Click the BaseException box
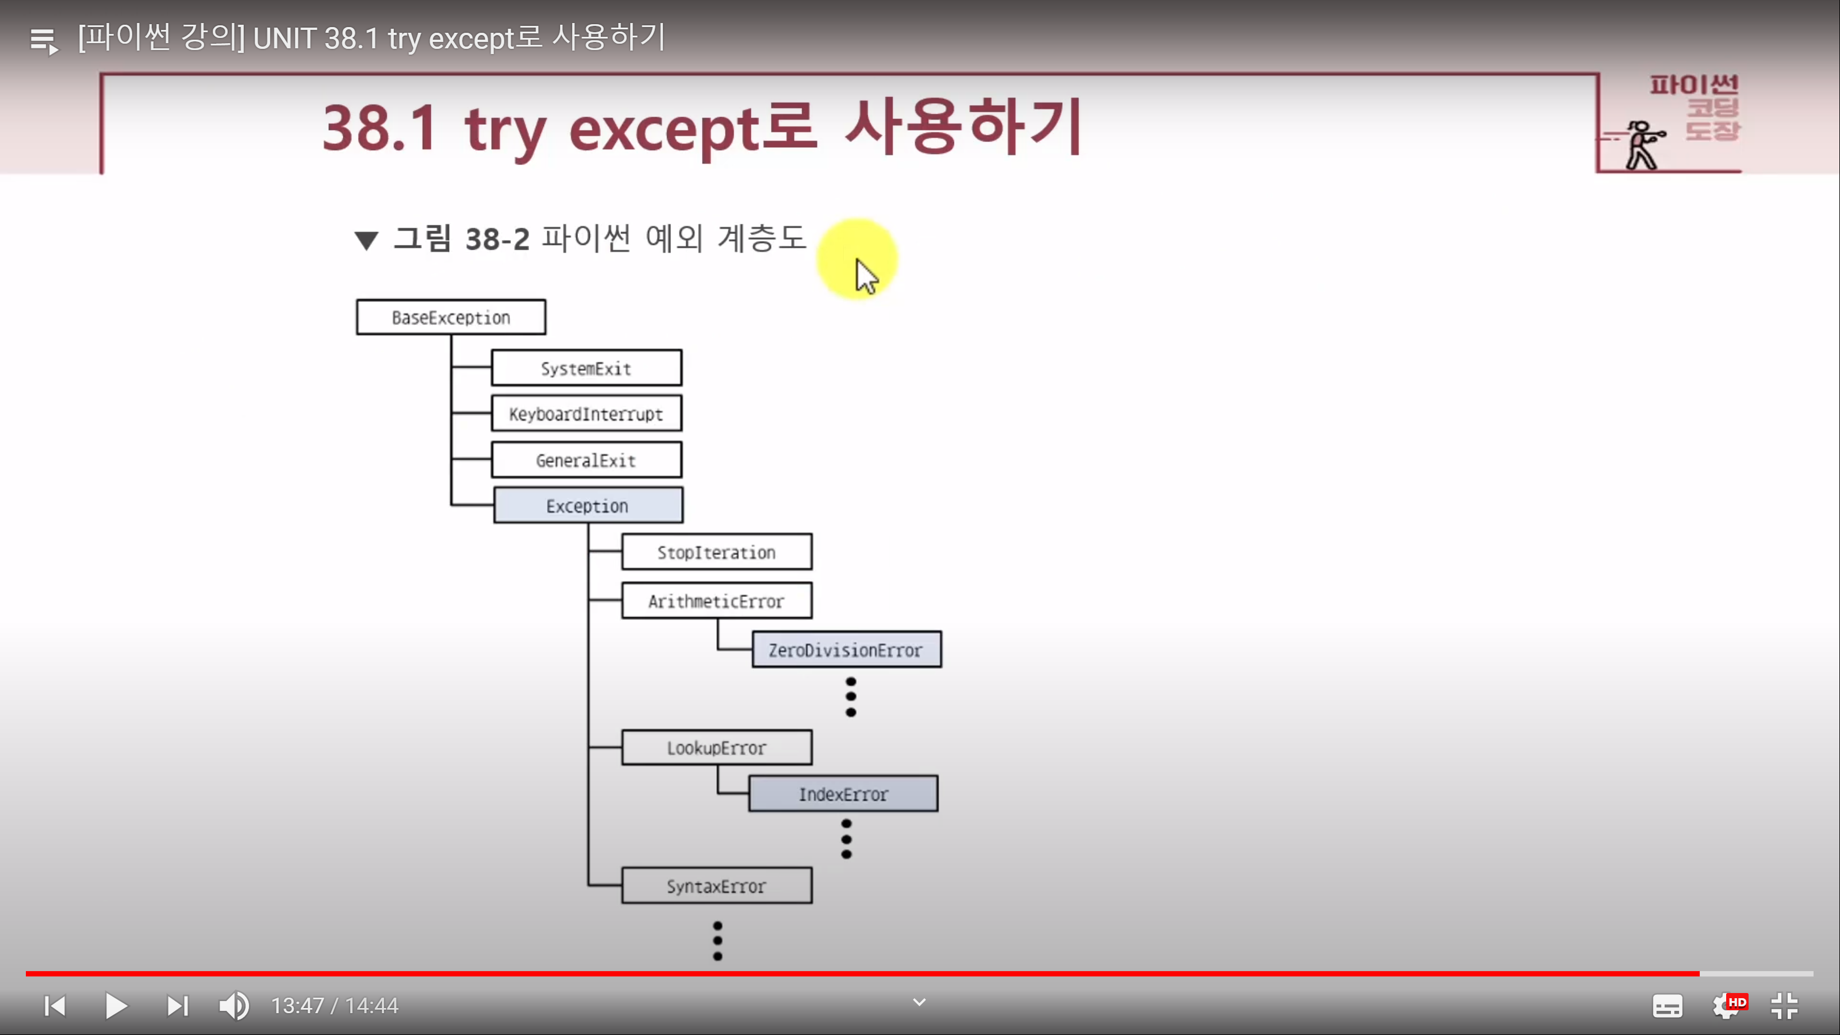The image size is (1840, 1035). (x=451, y=317)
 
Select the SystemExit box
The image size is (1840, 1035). (x=586, y=368)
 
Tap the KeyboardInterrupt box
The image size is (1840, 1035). (x=586, y=413)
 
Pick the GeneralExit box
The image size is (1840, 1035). (x=586, y=460)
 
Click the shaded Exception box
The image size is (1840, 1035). (x=588, y=506)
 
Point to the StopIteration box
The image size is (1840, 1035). (x=716, y=551)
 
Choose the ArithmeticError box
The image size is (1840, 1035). (x=716, y=601)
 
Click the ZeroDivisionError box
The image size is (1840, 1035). (x=846, y=649)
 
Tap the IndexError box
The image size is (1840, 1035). (x=843, y=793)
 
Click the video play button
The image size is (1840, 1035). (x=116, y=1006)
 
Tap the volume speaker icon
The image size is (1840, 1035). (x=233, y=1006)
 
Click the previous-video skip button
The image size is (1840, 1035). (x=55, y=1006)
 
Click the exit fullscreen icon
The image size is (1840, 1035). (x=1784, y=1006)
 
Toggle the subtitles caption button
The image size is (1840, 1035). (x=1667, y=1006)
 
